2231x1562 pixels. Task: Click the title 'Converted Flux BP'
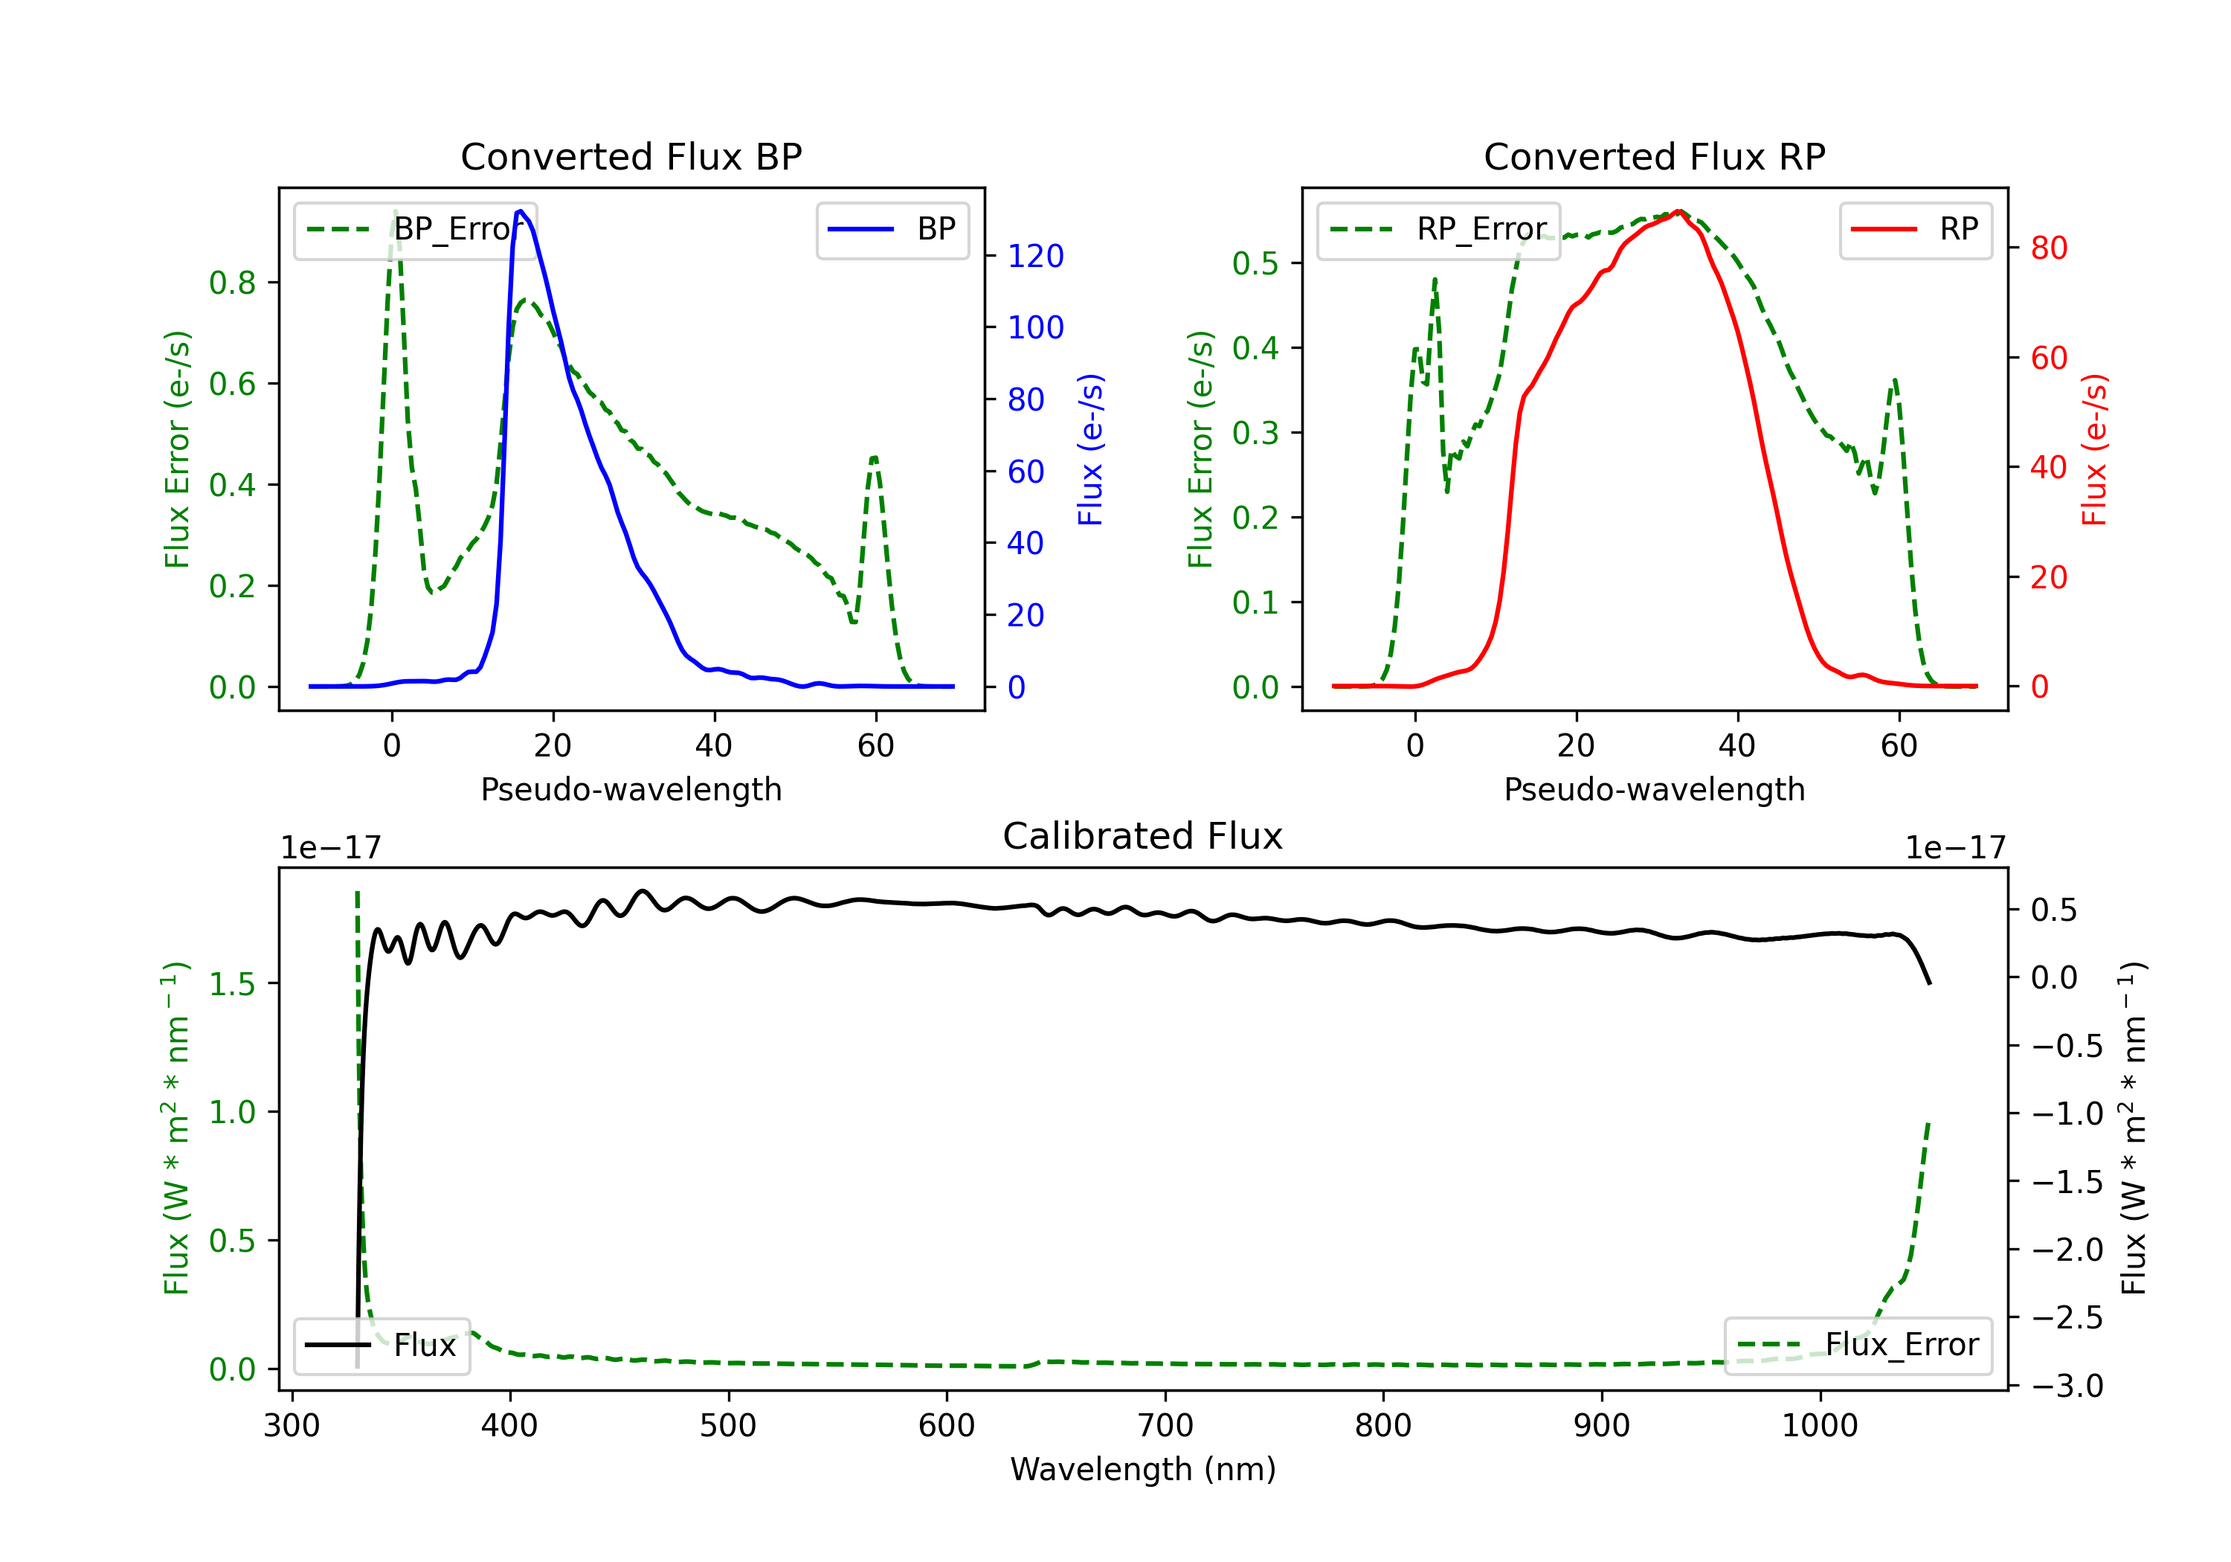pos(631,156)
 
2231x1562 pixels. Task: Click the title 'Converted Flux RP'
pos(1654,156)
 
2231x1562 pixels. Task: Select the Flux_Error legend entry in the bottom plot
pos(1858,1346)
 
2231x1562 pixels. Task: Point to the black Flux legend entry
pos(381,1346)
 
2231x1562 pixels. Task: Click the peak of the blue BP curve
pos(521,211)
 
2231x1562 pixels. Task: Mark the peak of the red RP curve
pos(1678,211)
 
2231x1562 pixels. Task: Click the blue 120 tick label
pos(1036,256)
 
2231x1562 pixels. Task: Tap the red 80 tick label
pos(2050,248)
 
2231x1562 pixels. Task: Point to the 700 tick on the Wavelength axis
pos(1165,1426)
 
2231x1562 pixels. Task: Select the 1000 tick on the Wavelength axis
pos(1819,1426)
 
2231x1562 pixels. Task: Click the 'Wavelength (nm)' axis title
pos(1143,1469)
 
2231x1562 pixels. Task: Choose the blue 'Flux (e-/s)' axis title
pos(1090,449)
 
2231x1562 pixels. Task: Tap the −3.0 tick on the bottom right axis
pos(2067,1385)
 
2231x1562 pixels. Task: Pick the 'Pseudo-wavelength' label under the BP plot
pos(631,789)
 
